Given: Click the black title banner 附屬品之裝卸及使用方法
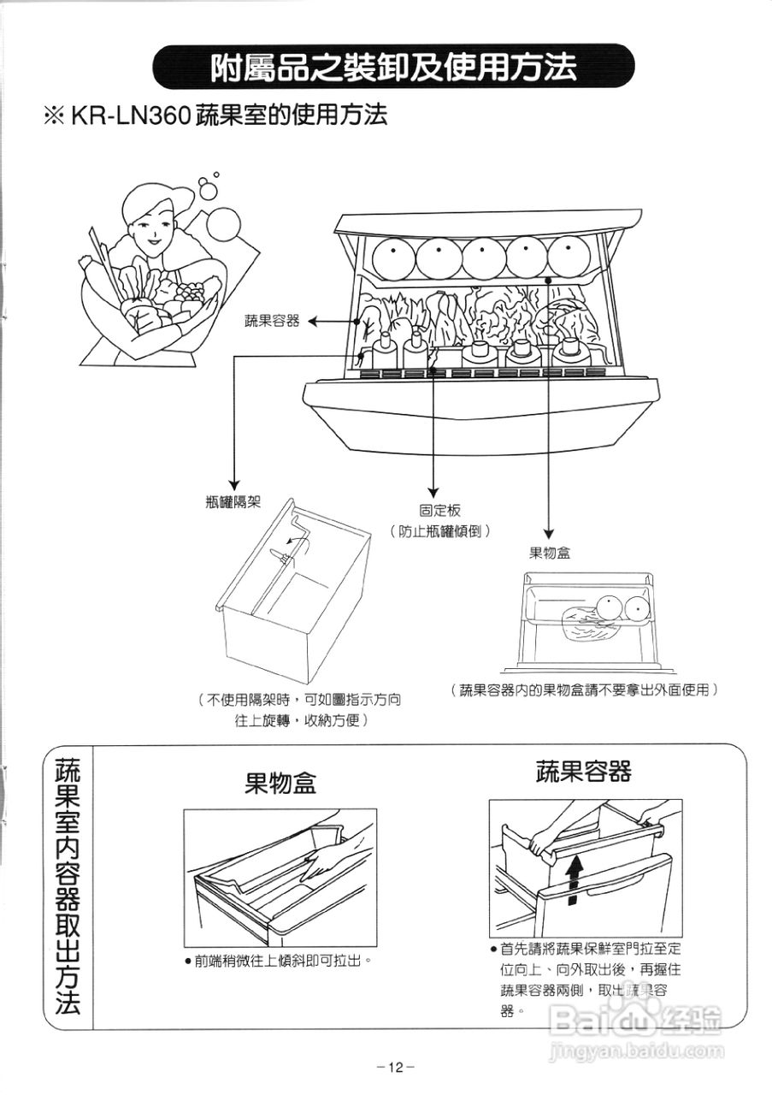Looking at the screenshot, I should click(393, 66).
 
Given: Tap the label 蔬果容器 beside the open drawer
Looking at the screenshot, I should click(272, 321).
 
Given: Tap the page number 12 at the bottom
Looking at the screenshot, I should click(394, 1067).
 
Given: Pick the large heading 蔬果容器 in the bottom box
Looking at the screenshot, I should click(584, 772).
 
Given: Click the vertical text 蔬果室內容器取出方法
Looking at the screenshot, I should click(68, 885).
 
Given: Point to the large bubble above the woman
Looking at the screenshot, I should click(224, 224).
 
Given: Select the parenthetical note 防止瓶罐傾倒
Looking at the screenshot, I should click(439, 531).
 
